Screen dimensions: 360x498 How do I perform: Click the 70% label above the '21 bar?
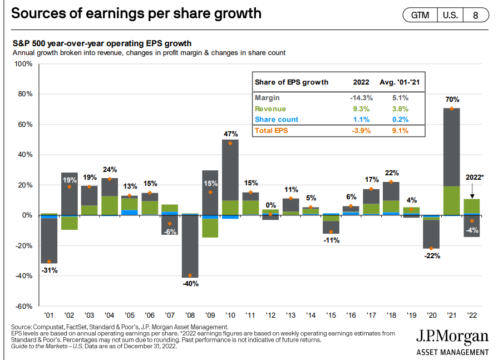click(x=452, y=100)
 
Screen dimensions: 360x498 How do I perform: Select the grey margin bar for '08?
click(x=190, y=245)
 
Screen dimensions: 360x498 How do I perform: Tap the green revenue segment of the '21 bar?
click(x=452, y=200)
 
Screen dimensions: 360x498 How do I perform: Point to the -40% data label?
click(x=190, y=283)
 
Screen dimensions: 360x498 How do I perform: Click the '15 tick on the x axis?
click(x=331, y=315)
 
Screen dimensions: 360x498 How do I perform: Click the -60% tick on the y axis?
click(x=24, y=307)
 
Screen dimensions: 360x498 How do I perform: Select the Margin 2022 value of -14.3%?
click(x=361, y=97)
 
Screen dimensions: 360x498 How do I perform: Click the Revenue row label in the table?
click(x=270, y=109)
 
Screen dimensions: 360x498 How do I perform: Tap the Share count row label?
click(x=277, y=120)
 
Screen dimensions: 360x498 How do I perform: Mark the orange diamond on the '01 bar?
click(x=50, y=262)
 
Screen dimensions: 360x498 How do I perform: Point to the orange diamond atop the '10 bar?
click(x=230, y=143)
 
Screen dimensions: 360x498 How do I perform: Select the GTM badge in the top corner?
click(x=420, y=15)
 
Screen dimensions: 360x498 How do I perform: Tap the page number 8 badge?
click(x=475, y=15)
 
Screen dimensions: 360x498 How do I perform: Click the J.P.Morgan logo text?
click(x=452, y=337)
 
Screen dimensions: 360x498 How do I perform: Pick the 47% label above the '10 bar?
click(x=230, y=134)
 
